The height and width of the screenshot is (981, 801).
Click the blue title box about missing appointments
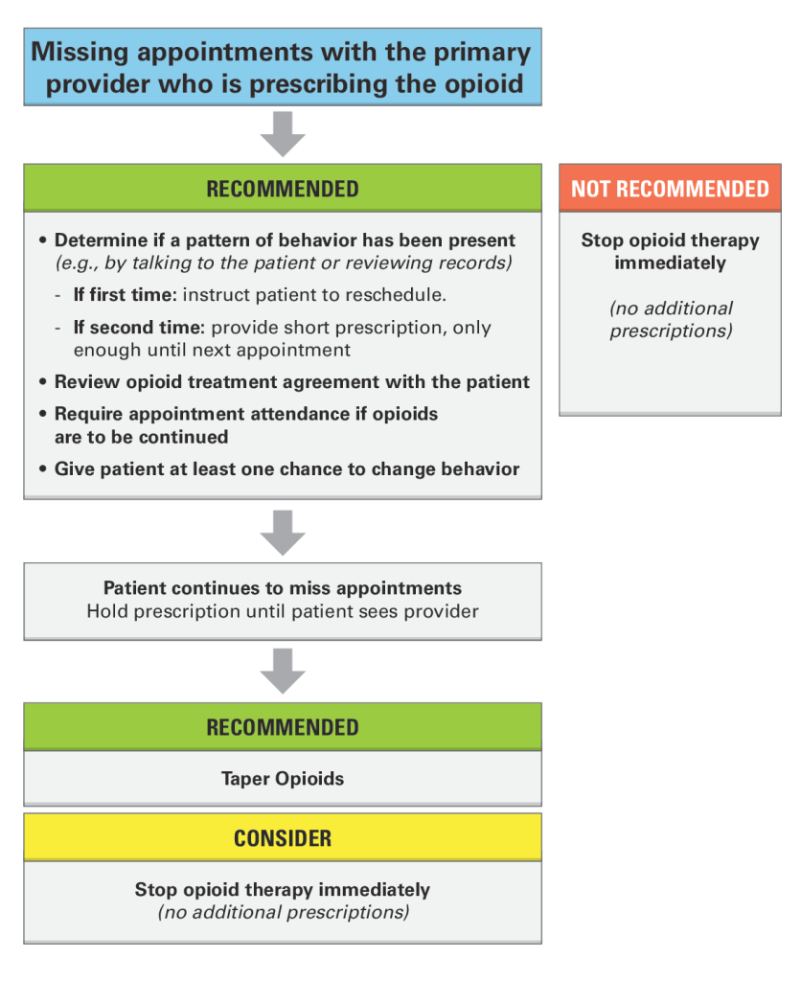[283, 66]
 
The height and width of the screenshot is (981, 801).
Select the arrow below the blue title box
[283, 134]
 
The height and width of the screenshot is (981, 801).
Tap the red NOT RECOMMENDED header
[670, 189]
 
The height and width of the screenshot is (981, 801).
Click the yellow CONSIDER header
[283, 837]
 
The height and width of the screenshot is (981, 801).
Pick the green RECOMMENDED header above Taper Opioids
[283, 727]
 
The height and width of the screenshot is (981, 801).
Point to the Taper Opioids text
[283, 779]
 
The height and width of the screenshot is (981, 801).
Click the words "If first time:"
[126, 295]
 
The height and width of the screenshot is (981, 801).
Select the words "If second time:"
[139, 328]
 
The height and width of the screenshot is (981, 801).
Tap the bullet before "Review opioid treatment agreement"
[42, 381]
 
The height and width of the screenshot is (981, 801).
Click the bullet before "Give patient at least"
[42, 469]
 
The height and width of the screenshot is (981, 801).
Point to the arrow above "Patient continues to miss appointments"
[283, 533]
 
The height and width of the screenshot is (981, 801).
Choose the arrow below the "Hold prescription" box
[283, 671]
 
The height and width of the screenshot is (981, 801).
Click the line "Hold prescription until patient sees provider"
[283, 611]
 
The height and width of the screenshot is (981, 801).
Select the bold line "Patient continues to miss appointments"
[283, 588]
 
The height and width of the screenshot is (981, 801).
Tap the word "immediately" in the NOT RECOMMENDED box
[670, 262]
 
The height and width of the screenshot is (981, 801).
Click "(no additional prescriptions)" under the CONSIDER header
[284, 912]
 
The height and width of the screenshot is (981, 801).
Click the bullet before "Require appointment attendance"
[42, 414]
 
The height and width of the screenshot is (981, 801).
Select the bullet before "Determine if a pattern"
[42, 240]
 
